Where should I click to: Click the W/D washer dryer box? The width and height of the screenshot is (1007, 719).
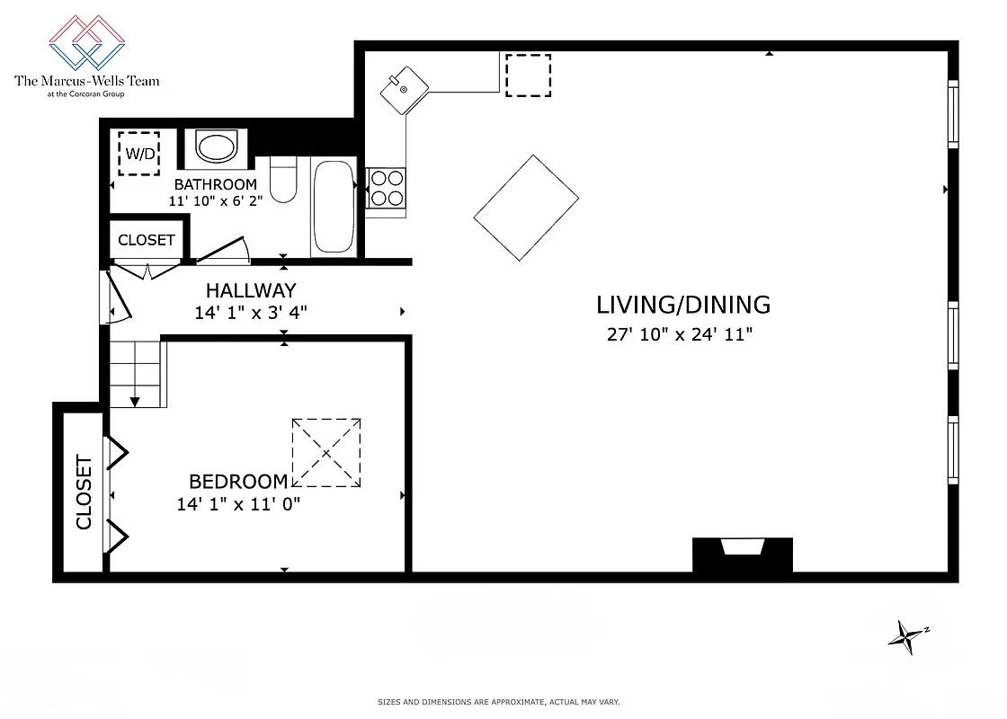(x=139, y=153)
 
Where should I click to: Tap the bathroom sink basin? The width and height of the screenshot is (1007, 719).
(x=216, y=147)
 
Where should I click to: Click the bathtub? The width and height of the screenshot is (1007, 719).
(x=333, y=207)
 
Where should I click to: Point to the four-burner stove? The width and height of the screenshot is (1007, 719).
(x=387, y=189)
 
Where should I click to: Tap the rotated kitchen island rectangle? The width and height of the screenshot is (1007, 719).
(x=526, y=208)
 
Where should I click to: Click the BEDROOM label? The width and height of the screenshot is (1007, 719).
(x=238, y=482)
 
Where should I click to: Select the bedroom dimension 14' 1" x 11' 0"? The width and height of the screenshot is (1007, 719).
(x=238, y=504)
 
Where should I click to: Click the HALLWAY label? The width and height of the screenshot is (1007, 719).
(x=251, y=290)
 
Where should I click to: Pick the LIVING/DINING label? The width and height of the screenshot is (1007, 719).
(x=683, y=305)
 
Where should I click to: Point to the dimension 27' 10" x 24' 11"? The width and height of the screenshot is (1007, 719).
(x=680, y=335)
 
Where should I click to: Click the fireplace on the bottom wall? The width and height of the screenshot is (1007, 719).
(x=742, y=554)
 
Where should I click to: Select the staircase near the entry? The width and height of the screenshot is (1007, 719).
(x=136, y=373)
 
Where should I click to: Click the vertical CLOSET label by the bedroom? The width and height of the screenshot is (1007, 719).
(x=84, y=493)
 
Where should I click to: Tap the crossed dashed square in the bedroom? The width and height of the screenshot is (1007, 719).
(x=325, y=452)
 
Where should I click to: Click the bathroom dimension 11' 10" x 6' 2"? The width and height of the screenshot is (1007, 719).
(x=216, y=201)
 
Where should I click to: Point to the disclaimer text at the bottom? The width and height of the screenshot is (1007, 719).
(x=498, y=702)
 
